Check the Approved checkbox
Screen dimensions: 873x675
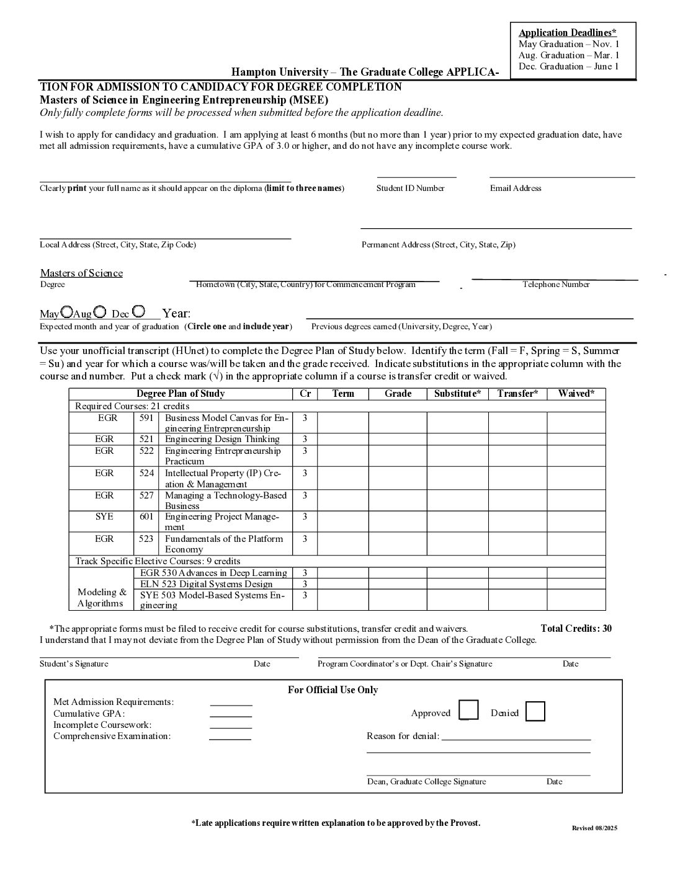point(469,710)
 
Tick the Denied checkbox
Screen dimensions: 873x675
point(535,711)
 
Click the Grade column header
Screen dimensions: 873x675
point(398,394)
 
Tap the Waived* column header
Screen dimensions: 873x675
point(576,394)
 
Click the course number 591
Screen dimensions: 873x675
point(146,418)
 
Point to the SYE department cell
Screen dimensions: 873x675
point(104,516)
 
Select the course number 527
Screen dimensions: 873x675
point(146,495)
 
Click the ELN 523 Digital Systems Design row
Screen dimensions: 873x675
point(206,584)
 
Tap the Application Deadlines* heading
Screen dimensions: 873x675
point(568,33)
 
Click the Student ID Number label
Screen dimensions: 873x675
point(410,188)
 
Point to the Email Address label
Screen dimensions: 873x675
point(516,188)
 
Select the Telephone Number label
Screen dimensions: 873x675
point(556,285)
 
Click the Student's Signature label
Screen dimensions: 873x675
point(74,664)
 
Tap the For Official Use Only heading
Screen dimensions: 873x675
point(333,690)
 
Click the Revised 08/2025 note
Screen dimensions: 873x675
point(594,828)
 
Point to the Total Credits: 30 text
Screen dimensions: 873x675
point(576,629)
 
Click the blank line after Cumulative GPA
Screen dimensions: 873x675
point(231,716)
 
